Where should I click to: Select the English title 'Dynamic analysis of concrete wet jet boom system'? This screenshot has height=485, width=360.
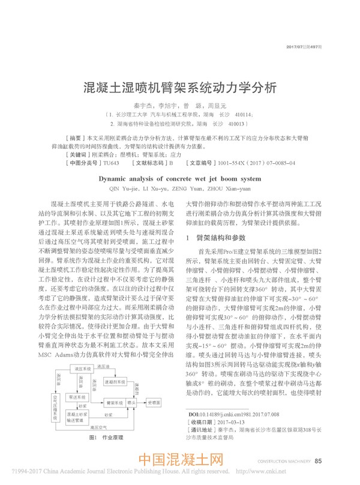point(179,161)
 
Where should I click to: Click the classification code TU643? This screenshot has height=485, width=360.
point(111,146)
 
